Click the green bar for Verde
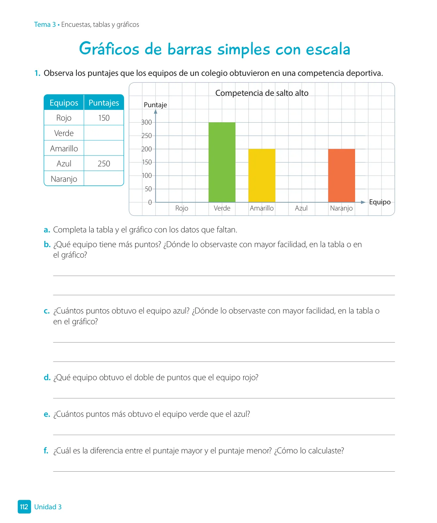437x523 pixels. (222, 162)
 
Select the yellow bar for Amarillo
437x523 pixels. (262, 176)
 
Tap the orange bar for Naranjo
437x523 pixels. (341, 176)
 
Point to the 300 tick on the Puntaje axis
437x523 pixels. (147, 122)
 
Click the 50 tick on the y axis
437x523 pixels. (148, 189)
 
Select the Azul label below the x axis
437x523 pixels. (301, 208)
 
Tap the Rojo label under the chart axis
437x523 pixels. (182, 209)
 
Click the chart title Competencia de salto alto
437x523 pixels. (262, 93)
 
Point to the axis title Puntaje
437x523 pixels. (155, 105)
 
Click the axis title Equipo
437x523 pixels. (380, 202)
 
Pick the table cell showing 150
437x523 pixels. (104, 118)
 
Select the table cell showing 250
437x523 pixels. (104, 164)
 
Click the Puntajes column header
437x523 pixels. (104, 103)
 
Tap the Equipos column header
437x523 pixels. (64, 103)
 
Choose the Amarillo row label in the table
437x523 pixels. (64, 149)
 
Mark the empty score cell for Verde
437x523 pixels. (104, 133)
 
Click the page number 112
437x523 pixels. (24, 507)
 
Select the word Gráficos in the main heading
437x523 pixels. (109, 49)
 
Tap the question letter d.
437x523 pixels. (47, 378)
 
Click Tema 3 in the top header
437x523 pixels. (45, 25)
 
